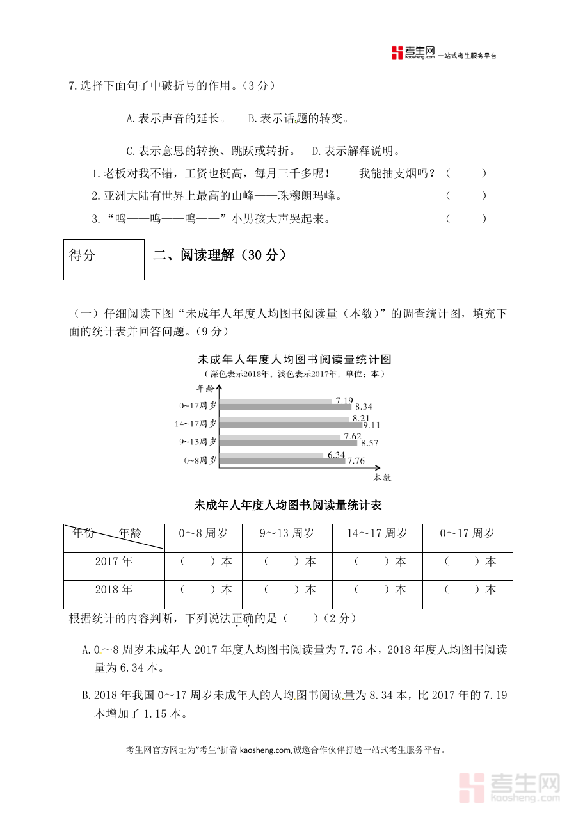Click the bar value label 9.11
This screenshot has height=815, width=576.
[x=372, y=424]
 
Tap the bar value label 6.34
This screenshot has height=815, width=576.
[x=336, y=455]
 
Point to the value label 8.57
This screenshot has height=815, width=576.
[x=370, y=442]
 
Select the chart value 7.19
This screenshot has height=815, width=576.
[x=344, y=401]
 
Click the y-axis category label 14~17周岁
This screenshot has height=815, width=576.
[x=196, y=424]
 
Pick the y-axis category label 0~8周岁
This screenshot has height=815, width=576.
[x=200, y=460]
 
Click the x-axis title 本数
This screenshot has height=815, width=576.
[x=382, y=478]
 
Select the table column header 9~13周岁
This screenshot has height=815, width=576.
[x=287, y=533]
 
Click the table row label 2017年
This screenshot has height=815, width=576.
[x=114, y=561]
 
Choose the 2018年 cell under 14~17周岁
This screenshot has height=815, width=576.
[x=378, y=590]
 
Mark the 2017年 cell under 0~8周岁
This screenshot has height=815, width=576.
[x=203, y=561]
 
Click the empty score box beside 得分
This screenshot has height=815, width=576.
[x=124, y=260]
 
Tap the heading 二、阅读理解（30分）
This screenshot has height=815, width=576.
[x=220, y=255]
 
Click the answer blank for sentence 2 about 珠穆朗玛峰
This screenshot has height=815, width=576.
[x=466, y=196]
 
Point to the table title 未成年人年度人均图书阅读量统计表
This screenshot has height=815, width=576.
[x=288, y=506]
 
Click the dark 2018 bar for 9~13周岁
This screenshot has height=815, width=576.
[x=288, y=442]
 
